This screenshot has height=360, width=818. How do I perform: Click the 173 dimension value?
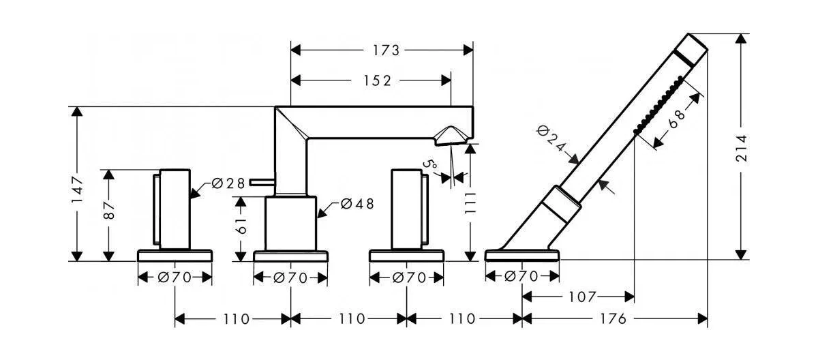point(386,50)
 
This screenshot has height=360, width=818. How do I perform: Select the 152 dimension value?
point(377,80)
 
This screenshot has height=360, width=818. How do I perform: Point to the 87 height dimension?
point(109,211)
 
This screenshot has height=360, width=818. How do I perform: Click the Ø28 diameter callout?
point(228,183)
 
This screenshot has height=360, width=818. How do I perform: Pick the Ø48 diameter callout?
point(357,204)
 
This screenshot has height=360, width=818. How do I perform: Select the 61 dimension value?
point(241,226)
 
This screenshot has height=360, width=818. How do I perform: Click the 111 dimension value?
point(471,202)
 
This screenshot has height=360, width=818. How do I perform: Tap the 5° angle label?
point(431,166)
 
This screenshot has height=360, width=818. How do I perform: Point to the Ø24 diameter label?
point(551,138)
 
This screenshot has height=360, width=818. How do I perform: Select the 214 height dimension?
point(741,148)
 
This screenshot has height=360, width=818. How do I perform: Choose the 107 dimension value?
point(582,297)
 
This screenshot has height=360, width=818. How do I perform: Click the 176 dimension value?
point(613,319)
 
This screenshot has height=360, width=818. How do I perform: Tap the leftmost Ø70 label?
point(175,278)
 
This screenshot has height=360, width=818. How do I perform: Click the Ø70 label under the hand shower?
point(521,276)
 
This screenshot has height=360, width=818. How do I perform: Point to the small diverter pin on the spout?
point(262,182)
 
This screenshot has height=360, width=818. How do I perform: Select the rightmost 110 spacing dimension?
point(461,319)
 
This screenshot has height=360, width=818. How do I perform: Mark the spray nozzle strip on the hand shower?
point(658,104)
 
